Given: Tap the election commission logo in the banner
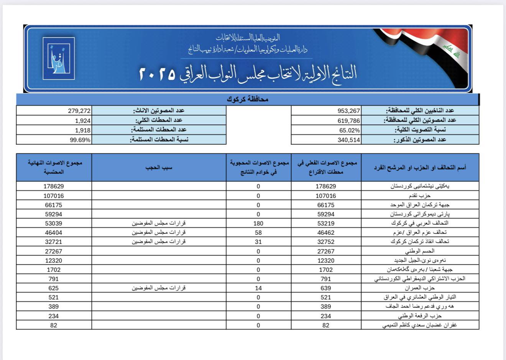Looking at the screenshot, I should pyautogui.click(x=59, y=58).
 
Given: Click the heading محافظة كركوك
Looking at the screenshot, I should pyautogui.click(x=247, y=100).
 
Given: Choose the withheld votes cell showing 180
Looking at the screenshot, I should pyautogui.click(x=258, y=223).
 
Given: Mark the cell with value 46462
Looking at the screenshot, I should pyautogui.click(x=326, y=232).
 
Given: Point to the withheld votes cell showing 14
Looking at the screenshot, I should pyautogui.click(x=258, y=288).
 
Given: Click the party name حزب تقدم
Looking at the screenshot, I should pyautogui.click(x=420, y=196).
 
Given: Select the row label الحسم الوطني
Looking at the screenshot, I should pyautogui.click(x=420, y=251).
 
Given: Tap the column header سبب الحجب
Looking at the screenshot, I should pyautogui.click(x=159, y=167).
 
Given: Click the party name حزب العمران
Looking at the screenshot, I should pyautogui.click(x=420, y=288).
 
